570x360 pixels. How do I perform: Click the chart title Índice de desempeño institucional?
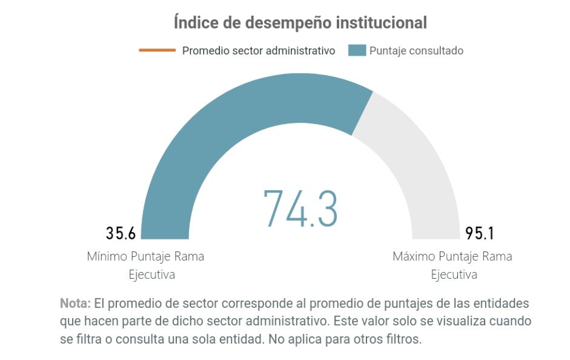[x=300, y=23]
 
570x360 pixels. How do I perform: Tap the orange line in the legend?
[x=157, y=50]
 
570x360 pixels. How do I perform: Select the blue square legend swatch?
[x=357, y=50]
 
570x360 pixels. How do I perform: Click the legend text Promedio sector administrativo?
[x=259, y=51]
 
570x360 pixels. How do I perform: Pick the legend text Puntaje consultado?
[x=416, y=51]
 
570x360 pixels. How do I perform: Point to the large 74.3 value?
[x=300, y=208]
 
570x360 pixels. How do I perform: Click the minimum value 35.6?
[x=121, y=233]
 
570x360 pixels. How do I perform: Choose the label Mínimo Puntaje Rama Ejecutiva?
[x=145, y=265]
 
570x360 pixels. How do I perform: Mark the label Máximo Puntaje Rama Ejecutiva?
[x=452, y=265]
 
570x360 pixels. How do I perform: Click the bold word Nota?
[x=75, y=303]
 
